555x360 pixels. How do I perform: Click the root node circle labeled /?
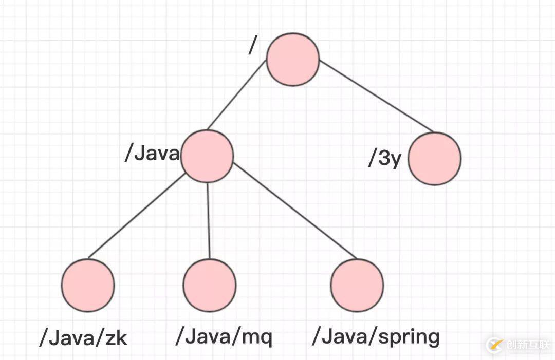click(292, 59)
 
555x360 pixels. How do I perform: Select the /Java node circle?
click(207, 156)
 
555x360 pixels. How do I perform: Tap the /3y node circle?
click(435, 158)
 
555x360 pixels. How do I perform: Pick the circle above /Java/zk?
click(88, 285)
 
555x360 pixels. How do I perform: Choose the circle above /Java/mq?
click(210, 285)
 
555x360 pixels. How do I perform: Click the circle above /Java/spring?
click(357, 285)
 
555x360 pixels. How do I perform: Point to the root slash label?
click(252, 45)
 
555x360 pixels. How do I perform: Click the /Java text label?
click(152, 154)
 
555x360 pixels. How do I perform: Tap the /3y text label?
click(384, 159)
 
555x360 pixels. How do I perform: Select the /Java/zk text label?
click(83, 338)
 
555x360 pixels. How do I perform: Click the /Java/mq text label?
click(224, 337)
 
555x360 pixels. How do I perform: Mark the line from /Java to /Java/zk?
click(137, 216)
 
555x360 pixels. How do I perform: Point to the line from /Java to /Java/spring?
click(294, 211)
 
